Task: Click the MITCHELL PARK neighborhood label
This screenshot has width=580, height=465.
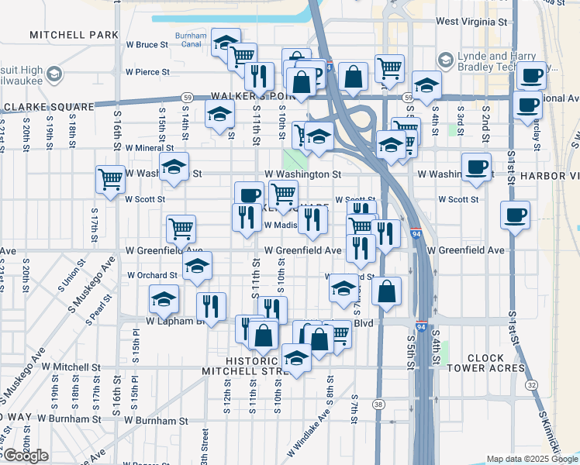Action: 74,35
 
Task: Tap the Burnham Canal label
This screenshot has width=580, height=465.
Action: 190,40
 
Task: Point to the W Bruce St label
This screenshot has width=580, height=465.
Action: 147,45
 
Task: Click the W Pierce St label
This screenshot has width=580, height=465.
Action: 143,72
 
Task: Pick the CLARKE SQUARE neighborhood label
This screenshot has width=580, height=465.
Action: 48,106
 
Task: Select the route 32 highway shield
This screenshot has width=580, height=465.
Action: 531,384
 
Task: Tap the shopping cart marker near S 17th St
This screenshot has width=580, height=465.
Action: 111,178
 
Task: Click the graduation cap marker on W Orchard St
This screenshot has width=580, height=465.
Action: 197,266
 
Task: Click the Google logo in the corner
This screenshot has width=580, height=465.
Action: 26,456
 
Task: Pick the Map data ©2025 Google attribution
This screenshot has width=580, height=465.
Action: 531,459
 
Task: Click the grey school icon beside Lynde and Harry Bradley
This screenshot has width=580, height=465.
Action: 445,60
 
